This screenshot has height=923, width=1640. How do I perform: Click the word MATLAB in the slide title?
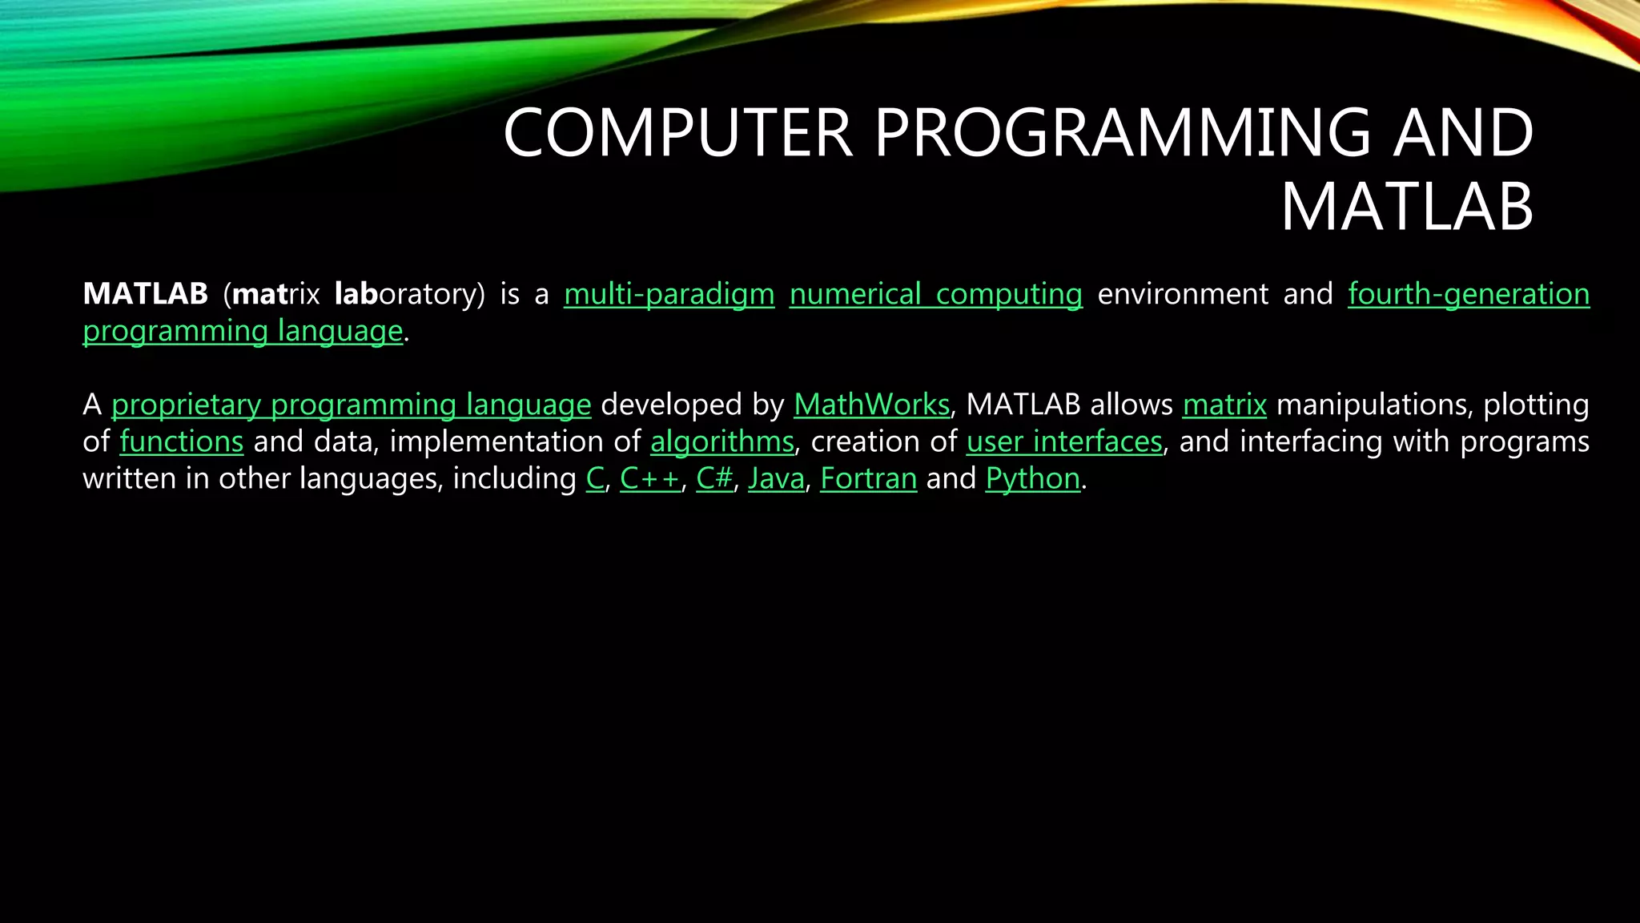(x=1406, y=208)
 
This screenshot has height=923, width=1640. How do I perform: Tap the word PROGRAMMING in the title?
(x=1122, y=133)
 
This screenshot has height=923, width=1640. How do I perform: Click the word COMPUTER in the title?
(x=677, y=133)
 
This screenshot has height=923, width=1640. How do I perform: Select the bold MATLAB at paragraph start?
(x=145, y=294)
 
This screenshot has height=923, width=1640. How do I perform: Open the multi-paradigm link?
(x=669, y=294)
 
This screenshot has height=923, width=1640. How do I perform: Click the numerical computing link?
(x=935, y=294)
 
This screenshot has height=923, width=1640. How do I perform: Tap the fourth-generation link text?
(x=1468, y=294)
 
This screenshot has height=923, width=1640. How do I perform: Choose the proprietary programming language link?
(x=351, y=405)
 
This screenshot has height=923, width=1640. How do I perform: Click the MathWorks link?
(x=871, y=405)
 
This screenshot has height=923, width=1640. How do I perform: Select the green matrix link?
(x=1224, y=405)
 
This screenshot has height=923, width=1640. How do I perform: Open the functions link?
(x=181, y=441)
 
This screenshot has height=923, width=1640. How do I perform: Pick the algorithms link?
(x=722, y=441)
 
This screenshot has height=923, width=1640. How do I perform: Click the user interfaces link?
(x=1064, y=441)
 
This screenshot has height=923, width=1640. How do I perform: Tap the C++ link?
(x=649, y=478)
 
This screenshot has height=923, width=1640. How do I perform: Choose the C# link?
(x=714, y=478)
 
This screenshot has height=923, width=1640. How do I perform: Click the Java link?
(x=776, y=478)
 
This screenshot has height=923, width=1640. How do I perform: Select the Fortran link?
(x=868, y=478)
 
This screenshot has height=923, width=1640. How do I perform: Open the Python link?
(x=1032, y=478)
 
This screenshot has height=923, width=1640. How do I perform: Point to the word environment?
(x=1182, y=294)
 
